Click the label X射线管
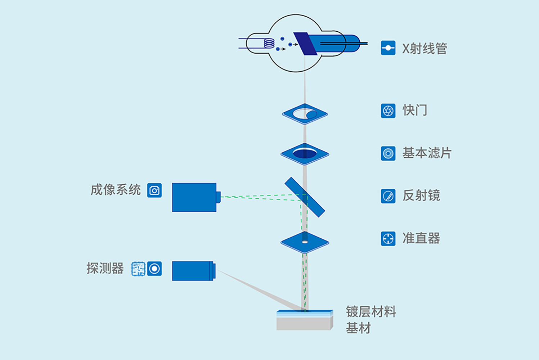coord(425,48)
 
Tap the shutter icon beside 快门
coord(388,111)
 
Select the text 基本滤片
coord(427,153)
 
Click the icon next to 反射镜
coord(388,196)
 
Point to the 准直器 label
coord(421,238)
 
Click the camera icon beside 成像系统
coord(154,190)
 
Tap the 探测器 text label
coord(105,269)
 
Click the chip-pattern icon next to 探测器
coord(138,269)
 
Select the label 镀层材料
coord(371,312)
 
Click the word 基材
coord(358,328)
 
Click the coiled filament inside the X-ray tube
coord(269,44)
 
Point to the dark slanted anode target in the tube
coord(305,44)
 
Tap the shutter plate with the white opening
coord(305,114)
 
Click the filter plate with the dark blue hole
coord(305,154)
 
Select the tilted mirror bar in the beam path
coord(305,197)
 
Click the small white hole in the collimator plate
coord(305,242)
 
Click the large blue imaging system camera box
coord(194,197)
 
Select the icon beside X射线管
coord(388,48)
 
